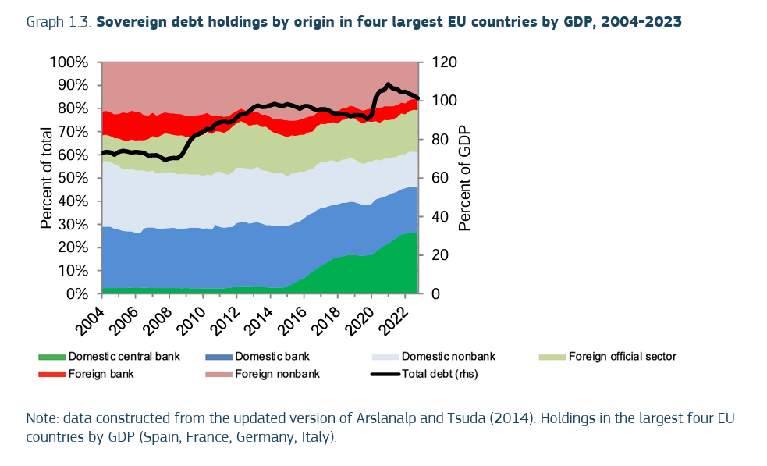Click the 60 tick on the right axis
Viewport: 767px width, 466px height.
[x=435, y=178]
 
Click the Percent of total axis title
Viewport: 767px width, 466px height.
[x=47, y=178]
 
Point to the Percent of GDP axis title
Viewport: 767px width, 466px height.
[x=465, y=178]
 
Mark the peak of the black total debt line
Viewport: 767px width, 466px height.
[x=389, y=84]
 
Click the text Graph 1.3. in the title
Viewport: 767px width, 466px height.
[x=59, y=22]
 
